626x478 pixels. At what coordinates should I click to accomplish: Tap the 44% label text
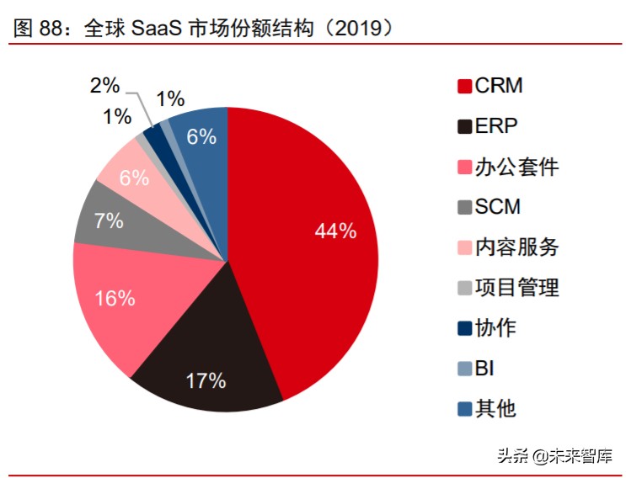[334, 231]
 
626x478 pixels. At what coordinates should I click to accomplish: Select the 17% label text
[206, 380]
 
